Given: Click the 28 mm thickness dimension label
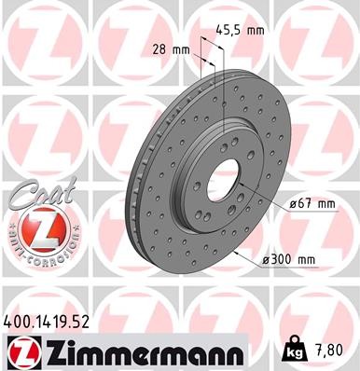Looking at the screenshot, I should (x=169, y=48).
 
